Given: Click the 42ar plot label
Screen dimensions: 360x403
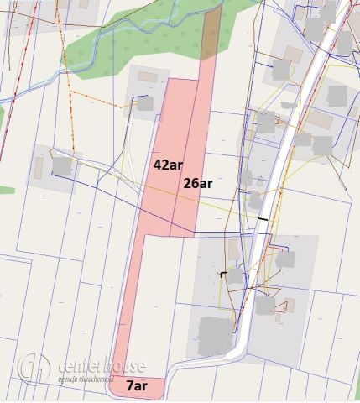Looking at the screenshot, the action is point(167,164).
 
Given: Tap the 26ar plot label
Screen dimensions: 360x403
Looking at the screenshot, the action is point(197,181).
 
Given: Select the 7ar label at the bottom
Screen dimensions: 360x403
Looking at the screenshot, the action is point(137,386).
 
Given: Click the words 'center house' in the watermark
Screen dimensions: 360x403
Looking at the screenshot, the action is point(102,365).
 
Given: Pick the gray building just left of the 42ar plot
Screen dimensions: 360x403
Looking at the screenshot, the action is point(143,103).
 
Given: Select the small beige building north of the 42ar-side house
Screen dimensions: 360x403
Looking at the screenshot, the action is point(148,76).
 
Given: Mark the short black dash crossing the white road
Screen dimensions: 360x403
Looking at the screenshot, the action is point(264,219).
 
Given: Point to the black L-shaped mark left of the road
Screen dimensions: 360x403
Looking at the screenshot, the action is point(222,274).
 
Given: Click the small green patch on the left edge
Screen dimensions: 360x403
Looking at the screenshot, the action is point(6,191).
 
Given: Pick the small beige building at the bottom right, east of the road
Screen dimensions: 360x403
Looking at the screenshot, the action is point(289,304).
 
